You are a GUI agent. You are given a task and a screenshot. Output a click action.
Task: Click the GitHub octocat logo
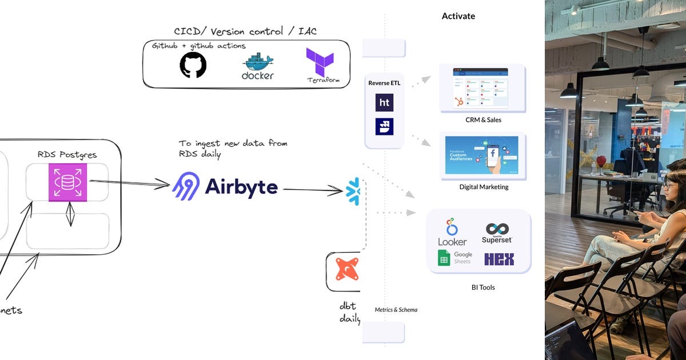click(193, 65)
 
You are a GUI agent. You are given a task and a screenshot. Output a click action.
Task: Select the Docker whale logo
click(258, 66)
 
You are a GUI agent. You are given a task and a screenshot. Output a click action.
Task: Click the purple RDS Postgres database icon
click(67, 182)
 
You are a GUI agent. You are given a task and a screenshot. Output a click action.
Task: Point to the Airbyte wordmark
click(241, 187)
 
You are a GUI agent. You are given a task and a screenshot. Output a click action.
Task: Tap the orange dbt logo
click(346, 269)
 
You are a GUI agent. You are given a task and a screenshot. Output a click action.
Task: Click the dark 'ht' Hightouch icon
click(384, 102)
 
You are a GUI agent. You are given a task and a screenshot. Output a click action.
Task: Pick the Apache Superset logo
click(497, 233)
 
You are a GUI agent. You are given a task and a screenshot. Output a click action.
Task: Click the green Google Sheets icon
click(444, 258)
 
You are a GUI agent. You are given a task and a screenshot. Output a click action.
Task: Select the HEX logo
click(499, 259)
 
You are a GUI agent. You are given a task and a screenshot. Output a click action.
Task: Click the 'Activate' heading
click(458, 16)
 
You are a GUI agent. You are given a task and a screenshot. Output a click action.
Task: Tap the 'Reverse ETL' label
click(384, 83)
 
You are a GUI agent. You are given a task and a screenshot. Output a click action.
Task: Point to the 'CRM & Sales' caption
click(483, 120)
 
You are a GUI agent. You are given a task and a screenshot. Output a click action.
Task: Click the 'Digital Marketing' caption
click(484, 187)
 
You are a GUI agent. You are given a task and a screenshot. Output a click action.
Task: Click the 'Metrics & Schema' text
click(396, 310)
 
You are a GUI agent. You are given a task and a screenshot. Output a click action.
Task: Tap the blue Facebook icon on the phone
click(491, 153)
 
